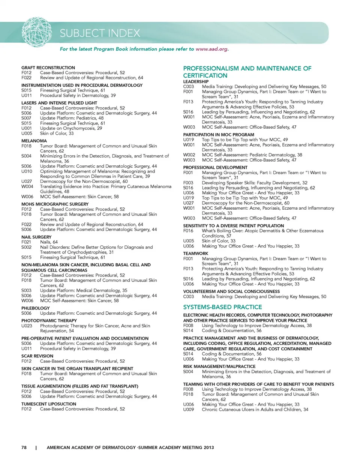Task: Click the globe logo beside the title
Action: click(37, 32)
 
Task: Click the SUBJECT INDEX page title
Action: click(100, 33)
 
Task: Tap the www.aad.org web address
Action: click(212, 49)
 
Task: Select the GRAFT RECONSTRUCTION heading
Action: click(48, 68)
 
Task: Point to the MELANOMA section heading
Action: click(34, 141)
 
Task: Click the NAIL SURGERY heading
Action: click(36, 237)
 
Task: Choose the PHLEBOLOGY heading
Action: click(35, 308)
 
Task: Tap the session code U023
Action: click(27, 326)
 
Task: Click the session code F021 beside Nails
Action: click(26, 242)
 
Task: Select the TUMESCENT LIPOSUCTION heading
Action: click(49, 404)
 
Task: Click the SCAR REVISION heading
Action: click(37, 356)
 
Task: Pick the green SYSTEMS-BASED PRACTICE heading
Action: click(222, 307)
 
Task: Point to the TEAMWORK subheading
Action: click(195, 254)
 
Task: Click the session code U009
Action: click(189, 410)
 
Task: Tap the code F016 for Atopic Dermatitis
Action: click(188, 231)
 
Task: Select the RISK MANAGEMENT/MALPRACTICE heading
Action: click(219, 366)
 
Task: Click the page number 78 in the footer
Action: click(24, 447)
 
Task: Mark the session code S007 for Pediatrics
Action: click(26, 118)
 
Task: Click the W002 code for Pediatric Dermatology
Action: click(189, 155)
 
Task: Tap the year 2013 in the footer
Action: click(209, 447)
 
